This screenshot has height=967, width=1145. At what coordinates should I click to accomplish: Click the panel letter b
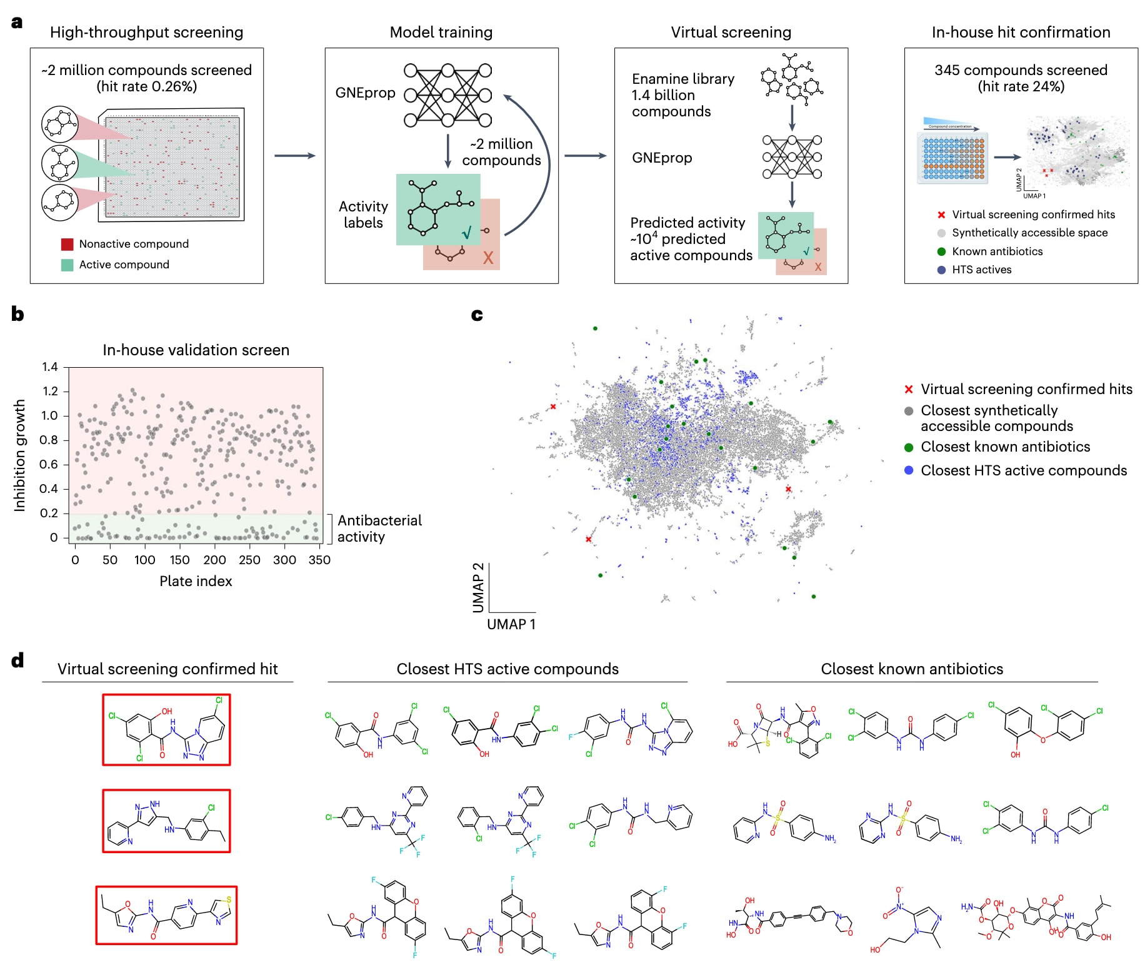click(x=17, y=314)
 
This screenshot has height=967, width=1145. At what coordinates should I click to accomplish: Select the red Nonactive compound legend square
click(x=67, y=244)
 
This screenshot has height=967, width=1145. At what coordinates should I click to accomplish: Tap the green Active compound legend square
click(x=67, y=265)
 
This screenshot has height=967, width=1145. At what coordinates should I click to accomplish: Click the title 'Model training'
click(x=441, y=32)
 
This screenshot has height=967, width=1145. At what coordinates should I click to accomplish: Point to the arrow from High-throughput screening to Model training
click(x=294, y=156)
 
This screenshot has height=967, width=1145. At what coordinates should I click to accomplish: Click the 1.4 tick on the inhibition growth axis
click(x=50, y=367)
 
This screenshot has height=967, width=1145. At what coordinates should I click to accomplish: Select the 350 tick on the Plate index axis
click(x=319, y=560)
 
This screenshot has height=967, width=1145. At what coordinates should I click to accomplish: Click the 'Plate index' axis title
click(x=196, y=581)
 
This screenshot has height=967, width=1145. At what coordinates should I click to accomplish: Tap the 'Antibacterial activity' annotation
click(x=379, y=529)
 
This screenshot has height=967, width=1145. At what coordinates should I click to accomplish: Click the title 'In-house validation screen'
click(x=196, y=350)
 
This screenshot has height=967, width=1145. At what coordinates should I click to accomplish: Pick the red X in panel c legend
click(x=909, y=389)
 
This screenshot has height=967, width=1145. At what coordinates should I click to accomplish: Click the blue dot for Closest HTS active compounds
click(x=909, y=470)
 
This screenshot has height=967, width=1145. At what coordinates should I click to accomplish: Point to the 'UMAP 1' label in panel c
click(x=511, y=624)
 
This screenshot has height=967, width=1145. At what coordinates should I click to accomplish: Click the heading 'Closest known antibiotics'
click(x=911, y=669)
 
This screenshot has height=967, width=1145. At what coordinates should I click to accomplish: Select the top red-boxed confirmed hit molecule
click(x=166, y=729)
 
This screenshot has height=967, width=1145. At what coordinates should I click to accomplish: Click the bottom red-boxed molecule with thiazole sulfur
click(x=166, y=915)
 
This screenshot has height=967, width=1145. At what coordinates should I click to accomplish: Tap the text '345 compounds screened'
click(x=1021, y=70)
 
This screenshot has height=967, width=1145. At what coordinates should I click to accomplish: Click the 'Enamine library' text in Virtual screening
click(x=682, y=79)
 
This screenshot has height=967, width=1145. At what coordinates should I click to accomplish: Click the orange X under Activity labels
click(x=488, y=258)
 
